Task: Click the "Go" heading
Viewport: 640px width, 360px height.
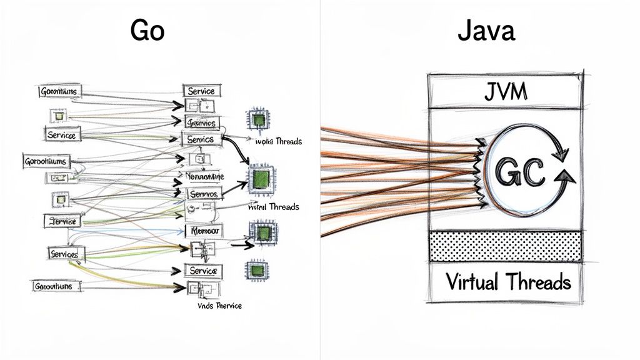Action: [x=147, y=30]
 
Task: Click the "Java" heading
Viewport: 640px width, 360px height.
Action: [x=486, y=30]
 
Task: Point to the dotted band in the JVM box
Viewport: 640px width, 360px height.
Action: [x=505, y=246]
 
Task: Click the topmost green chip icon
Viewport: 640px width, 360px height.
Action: [x=256, y=119]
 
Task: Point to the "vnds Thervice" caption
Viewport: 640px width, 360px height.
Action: [x=215, y=306]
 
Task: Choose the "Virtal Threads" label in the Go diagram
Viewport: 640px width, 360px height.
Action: [x=274, y=207]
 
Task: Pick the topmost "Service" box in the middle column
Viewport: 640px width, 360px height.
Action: [x=201, y=91]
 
